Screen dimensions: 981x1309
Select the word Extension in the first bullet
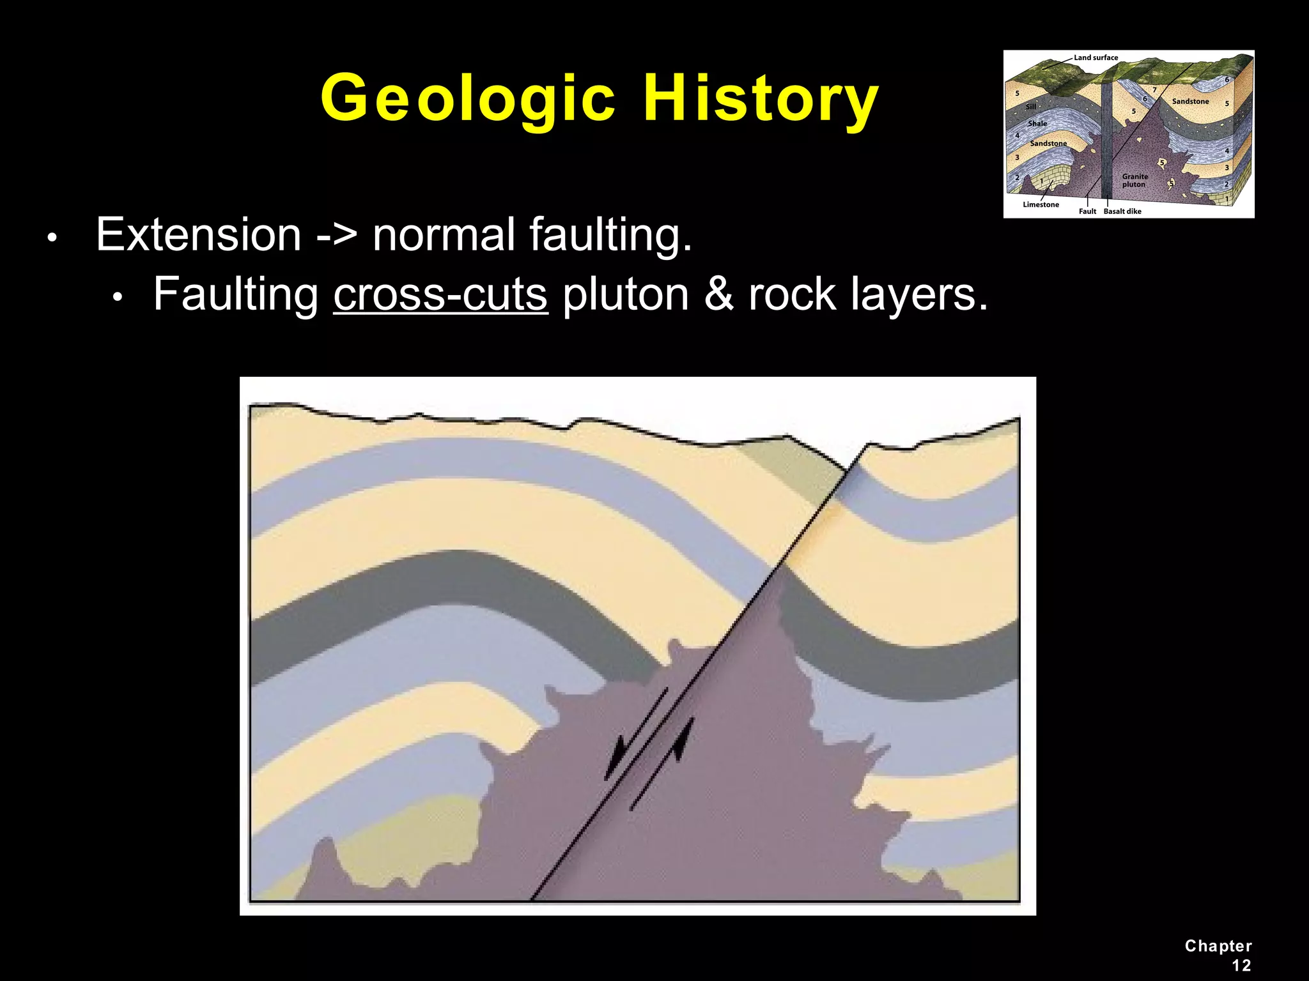pos(198,234)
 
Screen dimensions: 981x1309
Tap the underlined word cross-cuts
pos(440,294)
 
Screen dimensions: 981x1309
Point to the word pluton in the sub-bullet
pos(626,294)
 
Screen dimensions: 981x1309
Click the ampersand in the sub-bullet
pos(718,294)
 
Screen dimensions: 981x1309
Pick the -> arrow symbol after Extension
pos(337,236)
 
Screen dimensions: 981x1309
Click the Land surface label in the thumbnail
pos(1096,57)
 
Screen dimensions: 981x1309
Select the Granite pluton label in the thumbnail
pos(1135,180)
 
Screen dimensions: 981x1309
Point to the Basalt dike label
pos(1122,211)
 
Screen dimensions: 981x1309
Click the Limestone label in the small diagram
pos(1041,204)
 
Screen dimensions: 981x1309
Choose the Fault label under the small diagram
pos(1087,211)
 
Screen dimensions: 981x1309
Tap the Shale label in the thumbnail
pos(1037,123)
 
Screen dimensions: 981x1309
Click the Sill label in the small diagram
pos(1031,107)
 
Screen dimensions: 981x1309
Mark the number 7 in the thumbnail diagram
pos(1154,90)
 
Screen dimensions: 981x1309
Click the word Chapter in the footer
pos(1218,946)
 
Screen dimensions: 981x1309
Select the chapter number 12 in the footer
pos(1241,965)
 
